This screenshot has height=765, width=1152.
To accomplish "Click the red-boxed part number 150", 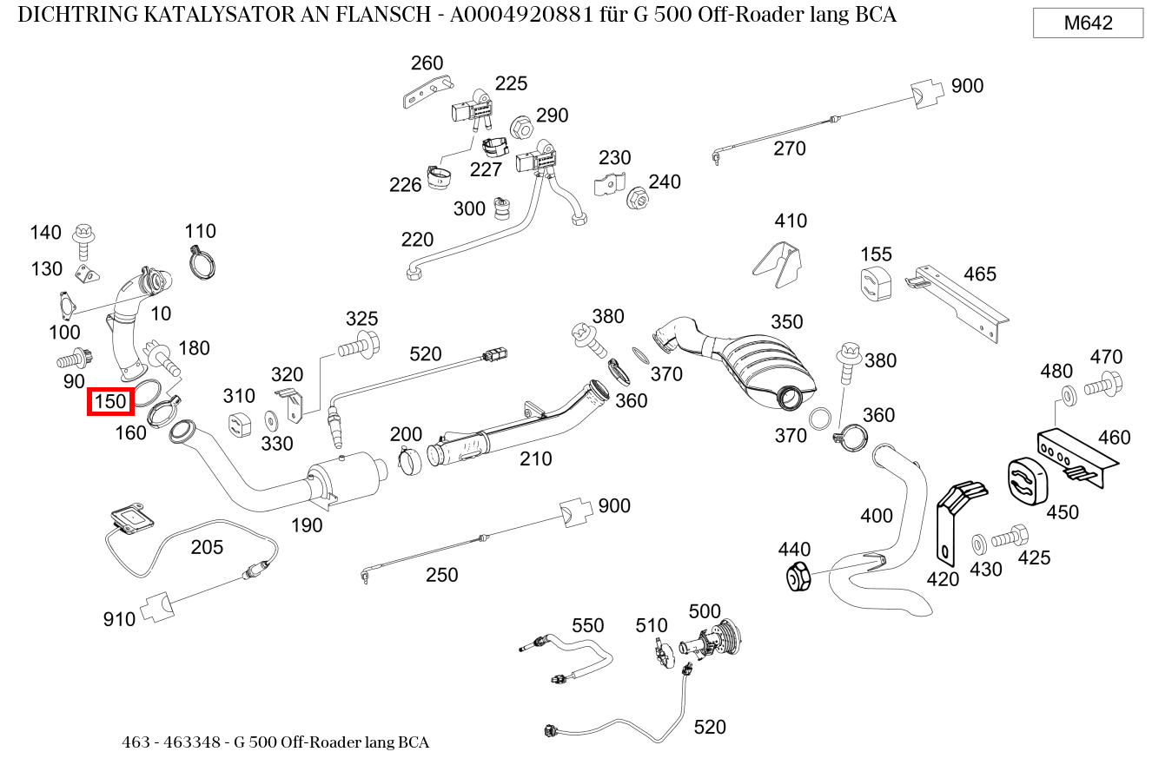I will pos(110,401).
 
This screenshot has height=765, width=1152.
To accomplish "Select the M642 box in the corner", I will pos(1088,23).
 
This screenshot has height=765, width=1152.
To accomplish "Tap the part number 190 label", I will pos(306,524).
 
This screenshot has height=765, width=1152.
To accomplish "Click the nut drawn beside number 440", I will pos(797,577).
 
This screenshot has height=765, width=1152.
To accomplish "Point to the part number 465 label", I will pos(979,274).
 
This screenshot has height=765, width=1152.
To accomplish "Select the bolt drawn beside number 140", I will pos(84,240).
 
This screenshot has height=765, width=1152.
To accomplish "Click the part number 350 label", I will pos(786,322).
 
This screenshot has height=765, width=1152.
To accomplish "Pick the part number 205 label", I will pos(207,547).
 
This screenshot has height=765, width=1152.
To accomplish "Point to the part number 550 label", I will pos(587,625).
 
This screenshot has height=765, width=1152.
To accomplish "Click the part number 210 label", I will pos(535,458).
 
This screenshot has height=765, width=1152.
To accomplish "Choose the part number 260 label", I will pos(427,63).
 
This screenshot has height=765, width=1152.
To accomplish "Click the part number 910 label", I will pos(119,619).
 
